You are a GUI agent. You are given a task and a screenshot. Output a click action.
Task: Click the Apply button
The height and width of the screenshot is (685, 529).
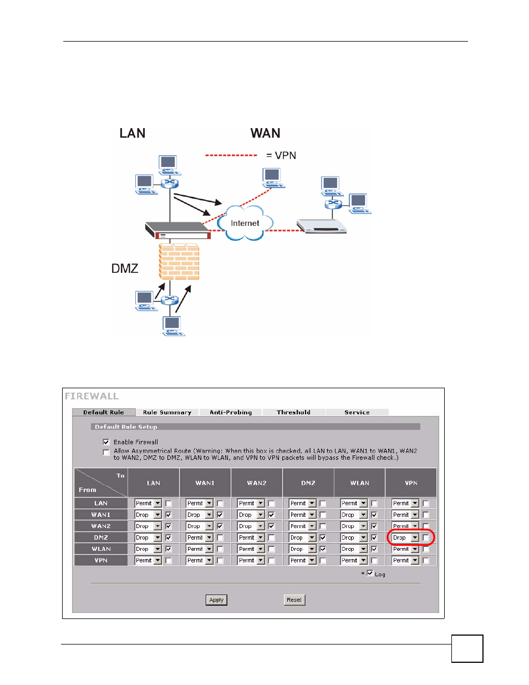[x=216, y=600]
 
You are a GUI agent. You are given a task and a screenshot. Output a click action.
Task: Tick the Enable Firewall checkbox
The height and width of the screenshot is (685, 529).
[x=106, y=442]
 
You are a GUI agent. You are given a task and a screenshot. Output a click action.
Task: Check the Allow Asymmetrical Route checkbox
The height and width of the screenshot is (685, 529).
[x=106, y=453]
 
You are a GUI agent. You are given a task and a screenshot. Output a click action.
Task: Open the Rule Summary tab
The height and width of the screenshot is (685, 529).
[x=167, y=412]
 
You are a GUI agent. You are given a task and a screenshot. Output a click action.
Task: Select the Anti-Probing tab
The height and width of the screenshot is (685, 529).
[x=231, y=412]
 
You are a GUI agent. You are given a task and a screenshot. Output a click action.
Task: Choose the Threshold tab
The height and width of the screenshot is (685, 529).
[x=293, y=412]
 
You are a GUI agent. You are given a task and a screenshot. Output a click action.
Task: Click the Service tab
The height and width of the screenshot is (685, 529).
[x=357, y=412]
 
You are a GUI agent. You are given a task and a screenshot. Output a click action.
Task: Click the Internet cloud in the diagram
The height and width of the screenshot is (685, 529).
[x=245, y=223]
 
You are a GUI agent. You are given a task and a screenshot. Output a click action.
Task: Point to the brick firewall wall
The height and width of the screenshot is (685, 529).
[x=179, y=261]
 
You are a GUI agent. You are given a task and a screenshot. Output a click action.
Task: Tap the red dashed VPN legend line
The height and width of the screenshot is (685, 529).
[x=231, y=155]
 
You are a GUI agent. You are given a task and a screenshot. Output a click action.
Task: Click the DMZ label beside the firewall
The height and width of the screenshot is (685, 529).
[x=125, y=268]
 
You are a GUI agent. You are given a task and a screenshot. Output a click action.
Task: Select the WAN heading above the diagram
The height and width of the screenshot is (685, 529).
[x=265, y=133]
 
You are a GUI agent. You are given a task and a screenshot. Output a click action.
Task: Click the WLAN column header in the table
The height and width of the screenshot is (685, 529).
[x=359, y=483]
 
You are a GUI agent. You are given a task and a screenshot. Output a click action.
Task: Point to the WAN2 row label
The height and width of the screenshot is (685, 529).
[x=101, y=526]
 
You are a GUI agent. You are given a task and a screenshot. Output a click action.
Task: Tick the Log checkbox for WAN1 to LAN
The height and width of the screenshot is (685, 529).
[x=169, y=515]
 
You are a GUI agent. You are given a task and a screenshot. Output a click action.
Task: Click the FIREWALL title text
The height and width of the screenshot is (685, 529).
[x=92, y=396]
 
